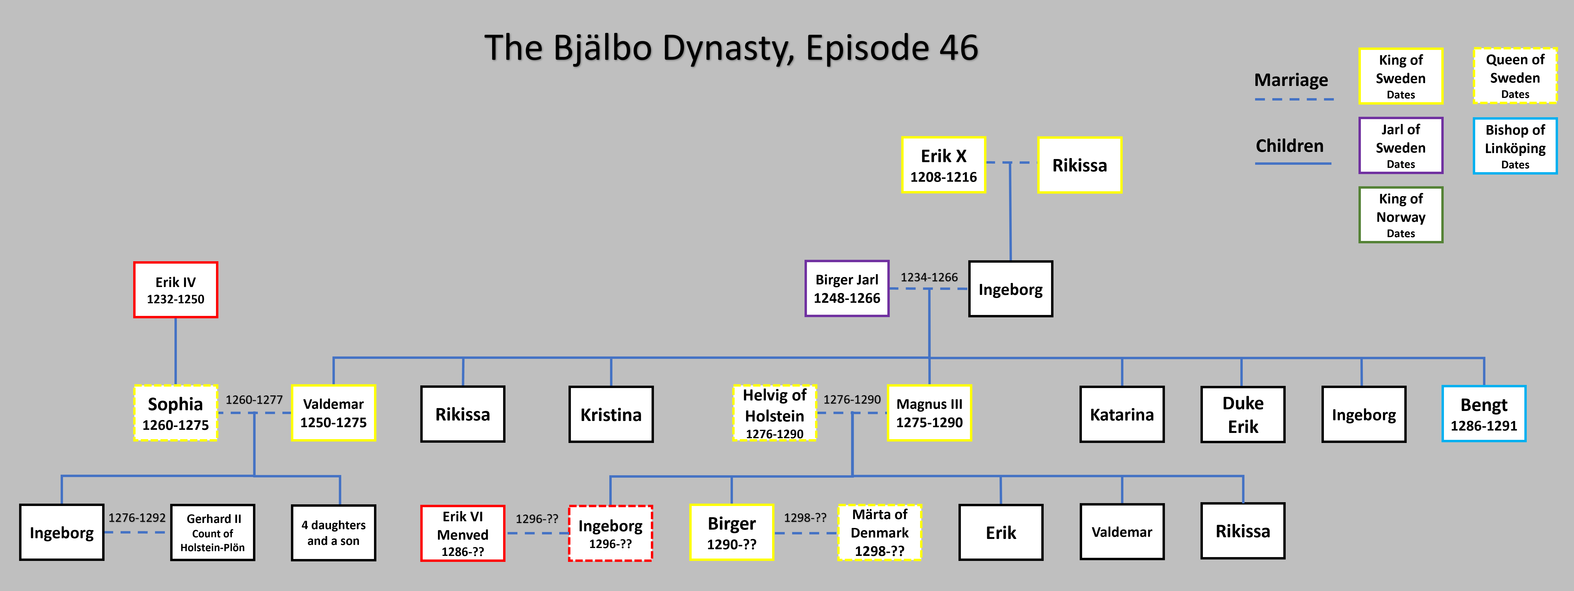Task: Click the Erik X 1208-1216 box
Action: coord(943,165)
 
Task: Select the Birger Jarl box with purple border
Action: coord(847,288)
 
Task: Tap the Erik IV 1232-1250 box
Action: coord(175,290)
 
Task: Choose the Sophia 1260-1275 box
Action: coord(175,413)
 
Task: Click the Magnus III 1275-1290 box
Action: coord(929,413)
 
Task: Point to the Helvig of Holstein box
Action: coord(775,413)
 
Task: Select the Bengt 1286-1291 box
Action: coord(1484,414)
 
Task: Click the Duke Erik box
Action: coord(1243,414)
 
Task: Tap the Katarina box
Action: coord(1122,414)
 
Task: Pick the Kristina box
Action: coord(611,414)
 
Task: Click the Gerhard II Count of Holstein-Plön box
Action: coord(213,532)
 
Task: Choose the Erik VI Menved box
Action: coord(463,533)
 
